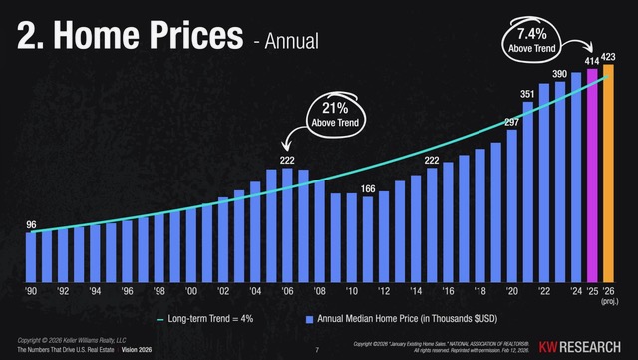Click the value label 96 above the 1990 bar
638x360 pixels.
(31, 225)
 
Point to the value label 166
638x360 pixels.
(368, 189)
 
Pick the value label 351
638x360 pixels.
(528, 94)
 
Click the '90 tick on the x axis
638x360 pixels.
(31, 294)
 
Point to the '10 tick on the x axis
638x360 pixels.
(352, 294)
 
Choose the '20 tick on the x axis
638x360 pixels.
(512, 294)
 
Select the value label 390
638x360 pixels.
(561, 76)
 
